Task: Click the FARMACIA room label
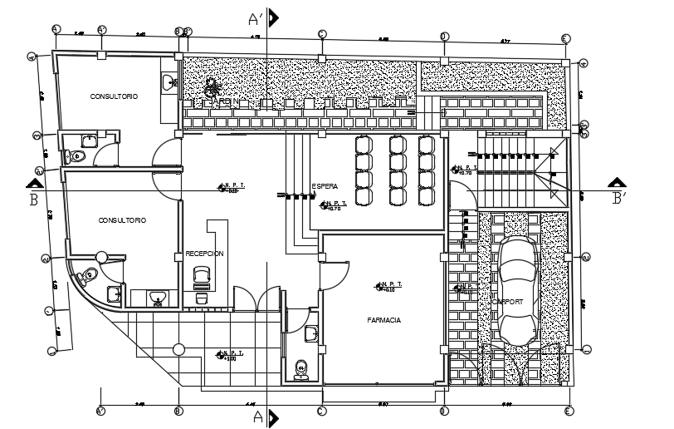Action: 384,319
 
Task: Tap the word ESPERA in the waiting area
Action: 324,185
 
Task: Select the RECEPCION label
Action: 204,254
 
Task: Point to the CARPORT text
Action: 507,303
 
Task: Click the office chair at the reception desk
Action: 201,275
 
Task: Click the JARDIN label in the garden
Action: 226,102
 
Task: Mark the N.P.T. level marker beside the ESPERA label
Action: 335,205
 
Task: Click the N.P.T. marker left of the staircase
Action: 462,169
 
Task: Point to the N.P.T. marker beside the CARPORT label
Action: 463,288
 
